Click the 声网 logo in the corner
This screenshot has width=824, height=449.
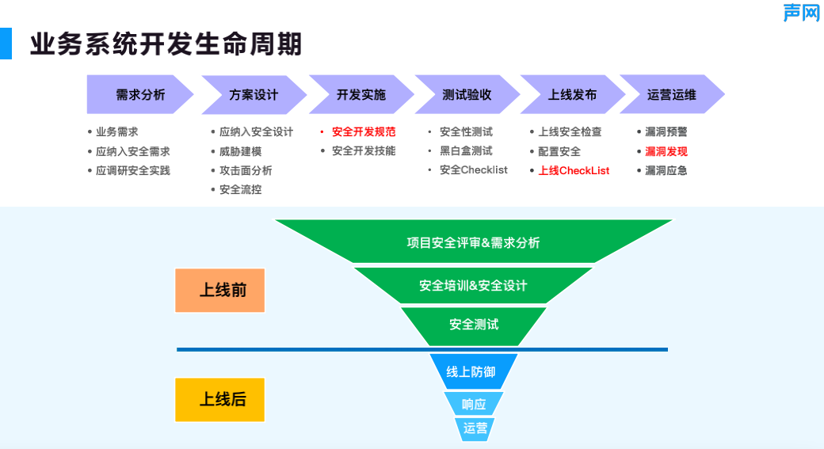point(801,13)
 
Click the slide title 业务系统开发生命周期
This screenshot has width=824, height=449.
point(166,44)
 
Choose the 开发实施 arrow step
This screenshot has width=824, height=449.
point(361,95)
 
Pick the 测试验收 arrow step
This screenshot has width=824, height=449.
point(467,95)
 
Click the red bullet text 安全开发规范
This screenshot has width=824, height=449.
point(364,132)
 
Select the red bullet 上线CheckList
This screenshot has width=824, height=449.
point(574,170)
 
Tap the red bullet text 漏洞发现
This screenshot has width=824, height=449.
point(666,151)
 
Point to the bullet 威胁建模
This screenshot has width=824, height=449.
point(240,151)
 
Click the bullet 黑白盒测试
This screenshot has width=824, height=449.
point(466,151)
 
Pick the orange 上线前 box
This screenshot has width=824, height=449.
point(219,291)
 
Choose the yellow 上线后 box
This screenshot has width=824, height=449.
point(219,400)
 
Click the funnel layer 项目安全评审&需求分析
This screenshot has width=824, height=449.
point(473,242)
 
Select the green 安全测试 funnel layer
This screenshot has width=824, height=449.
point(474,325)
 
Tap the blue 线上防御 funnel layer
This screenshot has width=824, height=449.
point(473,371)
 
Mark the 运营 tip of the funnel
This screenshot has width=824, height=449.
point(475,428)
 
